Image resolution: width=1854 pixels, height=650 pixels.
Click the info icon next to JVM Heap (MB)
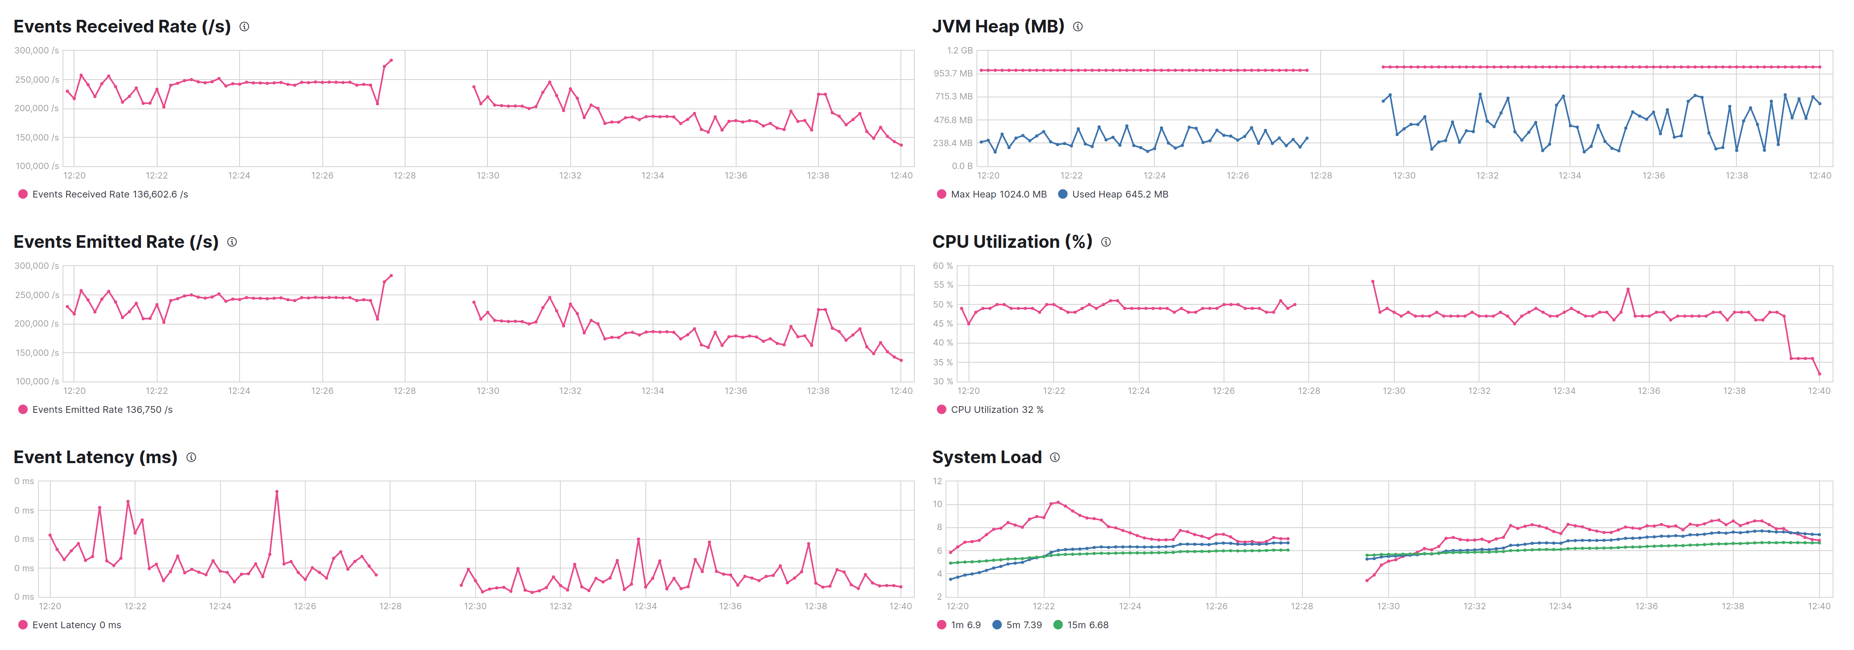[1077, 27]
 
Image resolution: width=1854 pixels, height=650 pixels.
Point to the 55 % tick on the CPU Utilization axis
[943, 285]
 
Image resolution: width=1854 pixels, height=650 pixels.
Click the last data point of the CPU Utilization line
[1820, 374]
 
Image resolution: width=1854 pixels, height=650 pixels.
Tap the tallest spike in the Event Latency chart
[277, 492]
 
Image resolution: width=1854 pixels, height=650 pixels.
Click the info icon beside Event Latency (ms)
[191, 457]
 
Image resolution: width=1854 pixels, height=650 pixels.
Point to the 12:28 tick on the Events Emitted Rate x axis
[404, 391]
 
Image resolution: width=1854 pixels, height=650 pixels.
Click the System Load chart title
[987, 457]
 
